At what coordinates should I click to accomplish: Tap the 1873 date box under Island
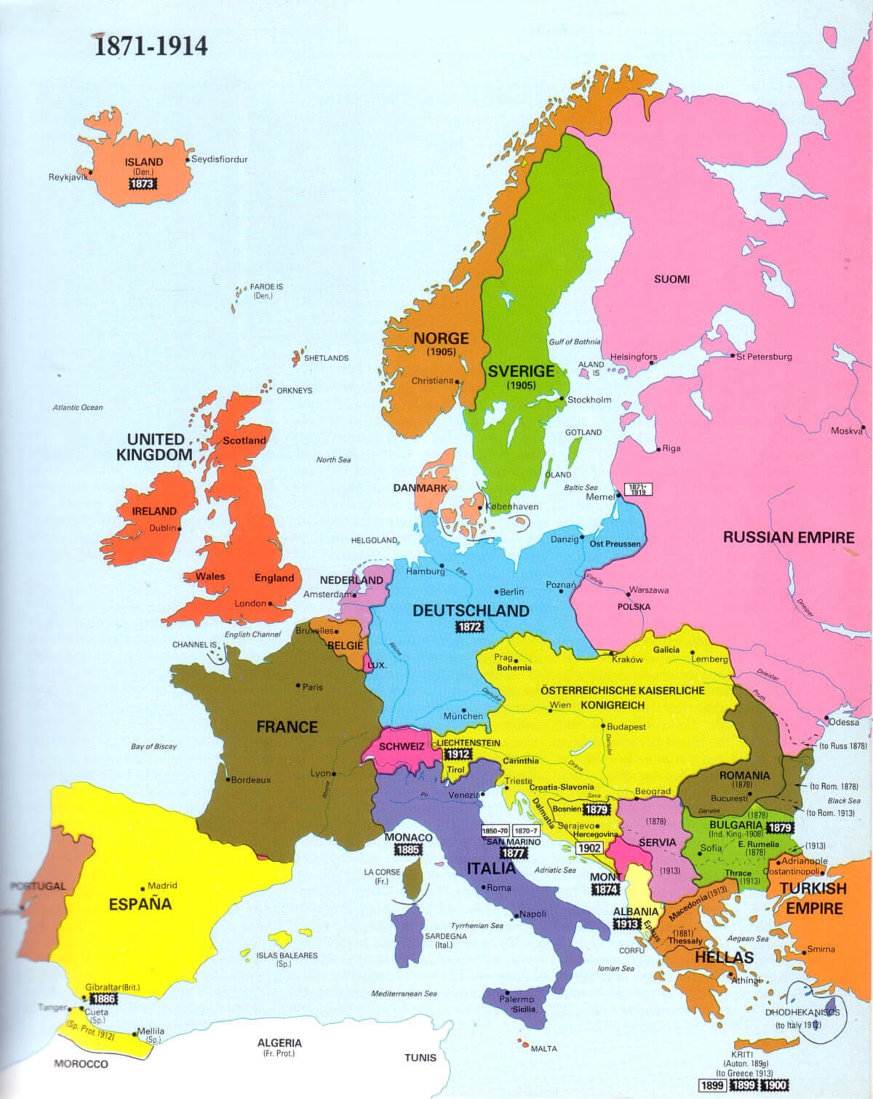[141, 184]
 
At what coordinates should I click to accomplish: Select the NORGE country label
[441, 338]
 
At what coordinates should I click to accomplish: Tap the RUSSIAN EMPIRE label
[788, 538]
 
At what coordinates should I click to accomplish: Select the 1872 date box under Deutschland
[469, 627]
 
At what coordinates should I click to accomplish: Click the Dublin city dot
[180, 528]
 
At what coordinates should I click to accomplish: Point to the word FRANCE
[287, 726]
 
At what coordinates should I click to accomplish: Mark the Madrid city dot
[143, 886]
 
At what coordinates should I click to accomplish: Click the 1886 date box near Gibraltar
[102, 999]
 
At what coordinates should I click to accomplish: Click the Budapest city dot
[603, 726]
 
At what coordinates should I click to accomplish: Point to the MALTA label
[543, 1049]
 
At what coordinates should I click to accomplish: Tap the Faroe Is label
[266, 291]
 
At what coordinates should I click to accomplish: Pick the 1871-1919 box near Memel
[638, 489]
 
